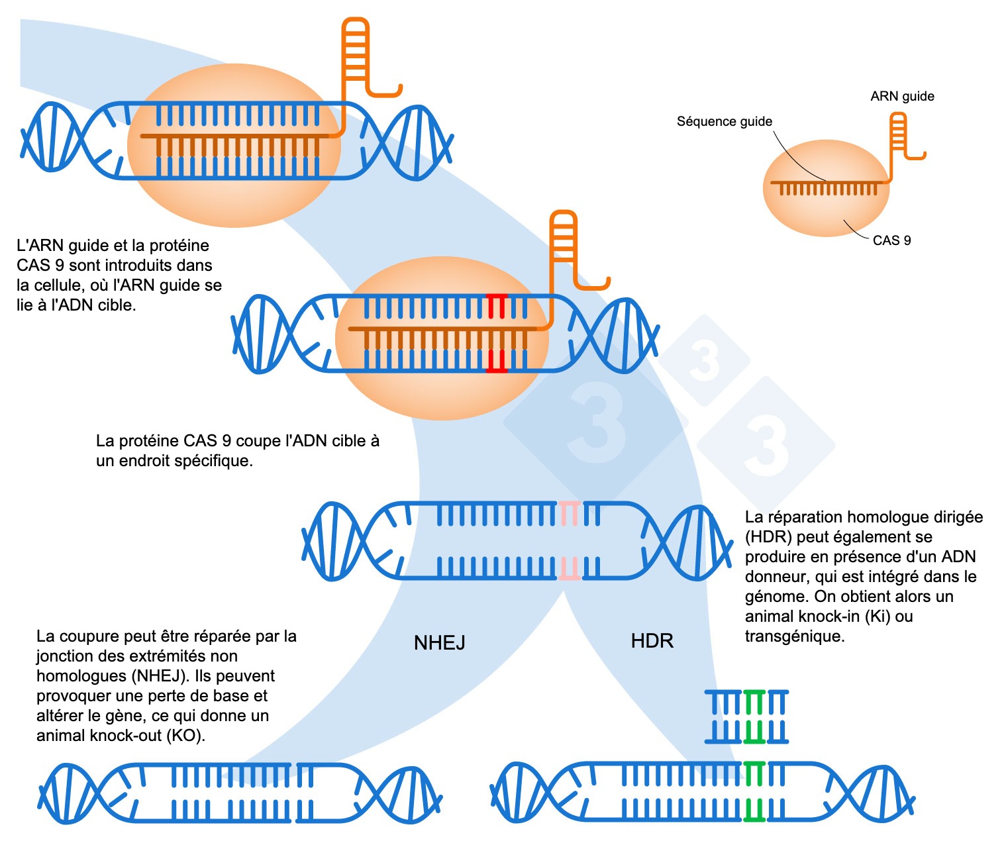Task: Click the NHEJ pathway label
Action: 439,643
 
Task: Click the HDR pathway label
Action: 652,641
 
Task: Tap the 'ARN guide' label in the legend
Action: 902,97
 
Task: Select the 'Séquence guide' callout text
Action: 724,122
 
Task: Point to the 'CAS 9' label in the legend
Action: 891,240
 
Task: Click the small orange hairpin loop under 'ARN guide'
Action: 898,132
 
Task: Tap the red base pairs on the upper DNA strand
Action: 496,306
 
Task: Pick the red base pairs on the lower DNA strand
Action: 496,361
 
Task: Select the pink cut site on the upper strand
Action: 569,513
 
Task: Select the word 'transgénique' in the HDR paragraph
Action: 794,636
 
